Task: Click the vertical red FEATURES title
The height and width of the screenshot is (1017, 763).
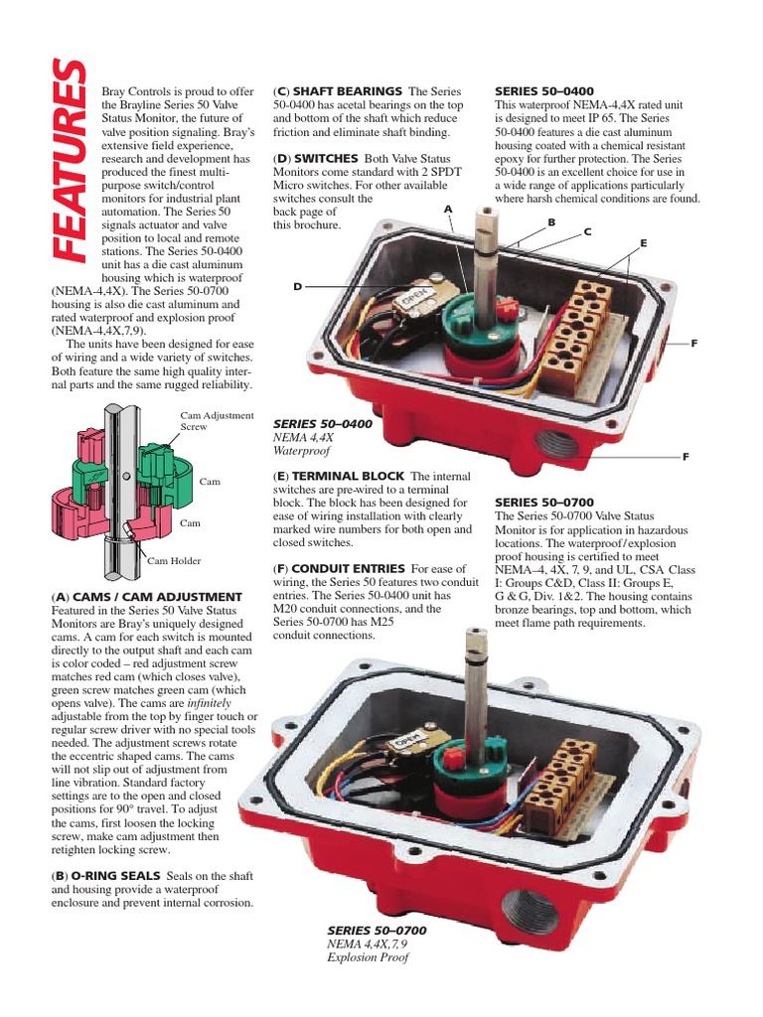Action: tap(69, 165)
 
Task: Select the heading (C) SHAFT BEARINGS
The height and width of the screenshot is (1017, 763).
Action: tap(338, 91)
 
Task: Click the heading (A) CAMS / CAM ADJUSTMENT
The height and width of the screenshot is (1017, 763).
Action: tap(146, 596)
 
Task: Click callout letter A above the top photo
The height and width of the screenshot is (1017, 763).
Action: tap(448, 209)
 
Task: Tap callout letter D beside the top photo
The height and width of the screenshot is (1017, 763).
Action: tap(296, 286)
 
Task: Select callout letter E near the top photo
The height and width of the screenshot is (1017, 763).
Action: tap(643, 242)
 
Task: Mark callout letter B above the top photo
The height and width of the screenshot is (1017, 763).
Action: tap(550, 221)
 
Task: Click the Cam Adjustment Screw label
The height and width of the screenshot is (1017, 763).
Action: tap(217, 420)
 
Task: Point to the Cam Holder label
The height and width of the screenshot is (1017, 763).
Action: tap(174, 561)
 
